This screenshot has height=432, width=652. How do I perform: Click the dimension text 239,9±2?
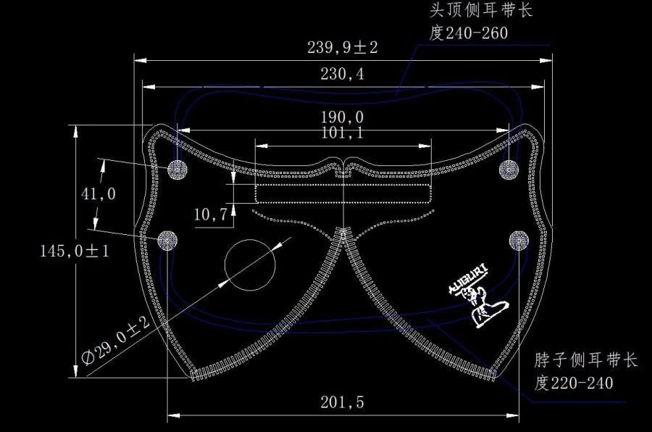tap(343, 49)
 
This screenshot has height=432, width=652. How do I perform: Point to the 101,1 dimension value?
tap(343, 133)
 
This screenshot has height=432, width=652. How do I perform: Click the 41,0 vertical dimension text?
tap(98, 194)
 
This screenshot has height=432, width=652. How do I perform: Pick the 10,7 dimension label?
tap(211, 213)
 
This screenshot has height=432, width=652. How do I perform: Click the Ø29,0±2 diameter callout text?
tap(116, 341)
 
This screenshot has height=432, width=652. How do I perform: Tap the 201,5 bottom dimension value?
tap(342, 403)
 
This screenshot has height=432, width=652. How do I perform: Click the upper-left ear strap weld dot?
tap(177, 170)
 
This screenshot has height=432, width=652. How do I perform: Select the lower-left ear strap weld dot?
tap(168, 239)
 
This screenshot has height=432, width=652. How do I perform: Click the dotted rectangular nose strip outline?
tap(343, 194)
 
